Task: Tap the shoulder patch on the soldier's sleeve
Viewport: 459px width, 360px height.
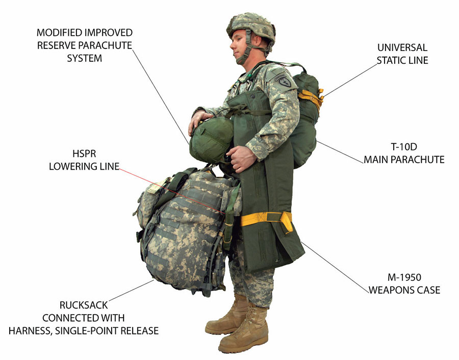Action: (284, 82)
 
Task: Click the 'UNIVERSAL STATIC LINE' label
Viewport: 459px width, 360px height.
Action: (402, 54)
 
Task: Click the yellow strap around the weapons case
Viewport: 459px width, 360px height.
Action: (265, 219)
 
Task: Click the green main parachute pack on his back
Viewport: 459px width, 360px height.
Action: (306, 122)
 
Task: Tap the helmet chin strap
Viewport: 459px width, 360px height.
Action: (245, 51)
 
